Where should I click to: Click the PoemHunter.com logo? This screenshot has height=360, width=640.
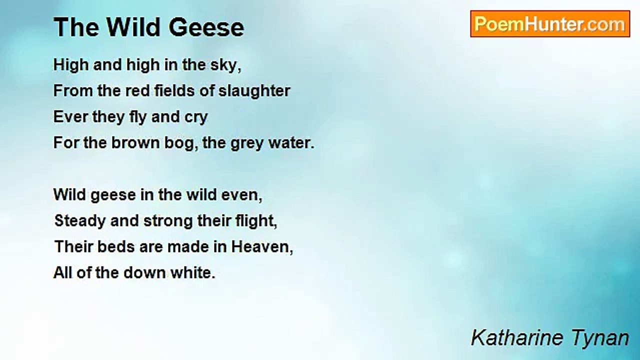(550, 24)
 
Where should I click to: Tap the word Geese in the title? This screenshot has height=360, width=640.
(206, 27)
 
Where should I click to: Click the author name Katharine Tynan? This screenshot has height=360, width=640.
(549, 338)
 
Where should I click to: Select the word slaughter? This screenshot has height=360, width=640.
(254, 91)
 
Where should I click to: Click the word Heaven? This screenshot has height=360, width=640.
(262, 247)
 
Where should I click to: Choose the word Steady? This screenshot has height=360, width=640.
(79, 221)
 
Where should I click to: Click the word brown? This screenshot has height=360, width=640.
(135, 143)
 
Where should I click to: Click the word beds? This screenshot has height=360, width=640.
(115, 247)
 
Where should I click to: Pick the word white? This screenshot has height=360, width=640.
(193, 273)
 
